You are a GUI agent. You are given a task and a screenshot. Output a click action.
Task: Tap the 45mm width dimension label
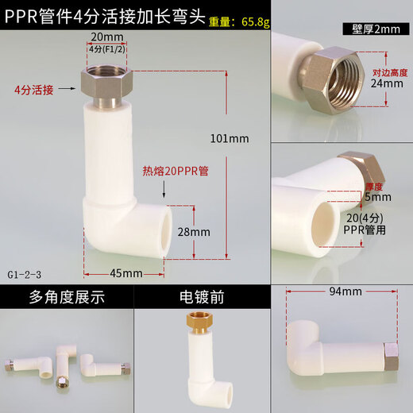(125, 273)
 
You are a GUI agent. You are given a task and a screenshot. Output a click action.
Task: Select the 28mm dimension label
(194, 232)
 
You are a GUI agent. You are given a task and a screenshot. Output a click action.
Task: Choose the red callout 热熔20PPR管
(175, 171)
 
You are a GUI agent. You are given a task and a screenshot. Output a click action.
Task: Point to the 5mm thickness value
(378, 197)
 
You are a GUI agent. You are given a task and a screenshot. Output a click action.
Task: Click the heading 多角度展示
(67, 299)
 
